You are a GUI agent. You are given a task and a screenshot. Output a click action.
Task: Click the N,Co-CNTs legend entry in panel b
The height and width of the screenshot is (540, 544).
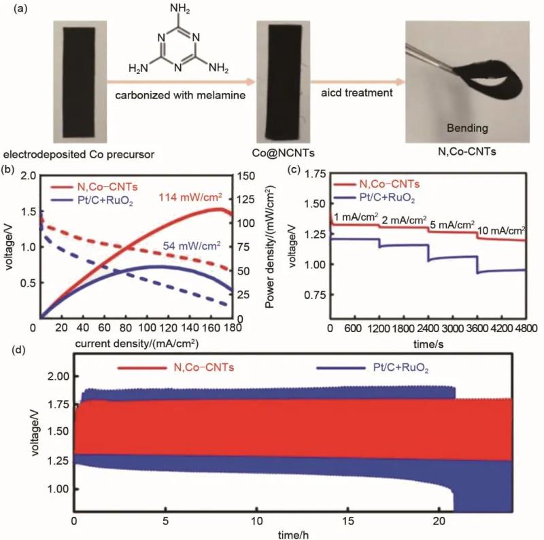95,187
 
